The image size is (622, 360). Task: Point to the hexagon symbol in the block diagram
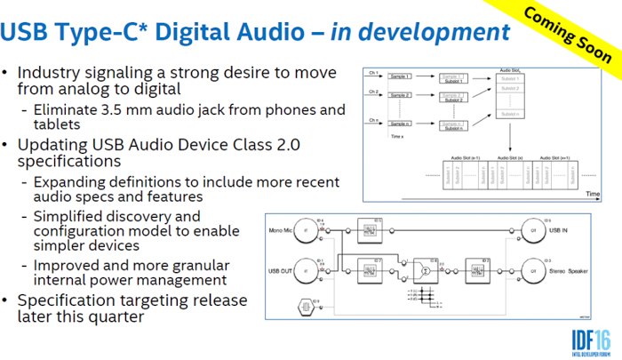click(x=306, y=308)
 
